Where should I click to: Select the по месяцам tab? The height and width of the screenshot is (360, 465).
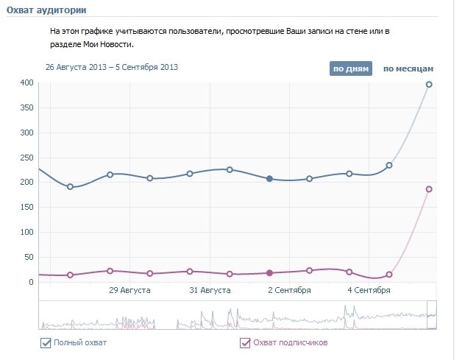click(408, 68)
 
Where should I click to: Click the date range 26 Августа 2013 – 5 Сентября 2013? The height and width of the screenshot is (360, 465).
click(112, 67)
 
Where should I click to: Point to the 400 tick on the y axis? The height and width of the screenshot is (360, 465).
click(27, 83)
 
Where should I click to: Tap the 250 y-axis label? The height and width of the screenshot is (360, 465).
click(27, 158)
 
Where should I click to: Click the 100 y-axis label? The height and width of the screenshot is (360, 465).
click(27, 232)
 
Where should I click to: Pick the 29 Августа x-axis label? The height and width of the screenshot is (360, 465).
click(129, 291)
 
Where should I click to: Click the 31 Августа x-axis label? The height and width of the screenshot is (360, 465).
click(210, 291)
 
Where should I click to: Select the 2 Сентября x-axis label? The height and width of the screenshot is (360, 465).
click(289, 291)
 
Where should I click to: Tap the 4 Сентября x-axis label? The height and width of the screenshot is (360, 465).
click(369, 291)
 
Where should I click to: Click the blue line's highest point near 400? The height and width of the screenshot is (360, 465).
click(429, 85)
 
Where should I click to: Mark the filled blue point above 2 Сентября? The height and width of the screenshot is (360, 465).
click(269, 179)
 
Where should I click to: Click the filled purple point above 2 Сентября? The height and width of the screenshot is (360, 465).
click(269, 273)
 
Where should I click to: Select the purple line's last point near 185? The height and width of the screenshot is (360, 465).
click(429, 189)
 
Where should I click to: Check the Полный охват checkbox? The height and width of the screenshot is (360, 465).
click(46, 342)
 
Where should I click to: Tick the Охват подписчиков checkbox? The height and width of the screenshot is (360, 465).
click(245, 342)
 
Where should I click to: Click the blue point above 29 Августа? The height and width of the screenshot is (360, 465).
click(110, 174)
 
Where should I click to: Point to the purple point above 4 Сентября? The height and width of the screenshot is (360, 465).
click(349, 272)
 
